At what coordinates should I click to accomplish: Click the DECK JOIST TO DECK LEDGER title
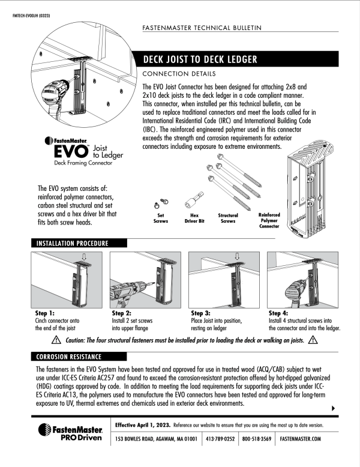coord(200,59)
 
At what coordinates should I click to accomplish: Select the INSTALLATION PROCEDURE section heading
coord(73,243)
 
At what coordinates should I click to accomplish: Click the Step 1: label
coord(45,313)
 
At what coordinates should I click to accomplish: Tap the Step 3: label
coord(201,313)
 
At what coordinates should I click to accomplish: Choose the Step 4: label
coord(279,313)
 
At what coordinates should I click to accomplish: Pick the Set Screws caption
coord(161,218)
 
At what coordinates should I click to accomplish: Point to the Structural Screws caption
coord(228,218)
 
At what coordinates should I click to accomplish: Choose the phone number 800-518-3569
coord(257,439)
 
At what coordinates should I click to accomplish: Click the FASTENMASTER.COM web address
coord(301,439)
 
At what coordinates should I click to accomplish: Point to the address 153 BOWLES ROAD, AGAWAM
coord(157,439)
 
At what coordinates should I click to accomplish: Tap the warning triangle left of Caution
coord(56,340)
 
